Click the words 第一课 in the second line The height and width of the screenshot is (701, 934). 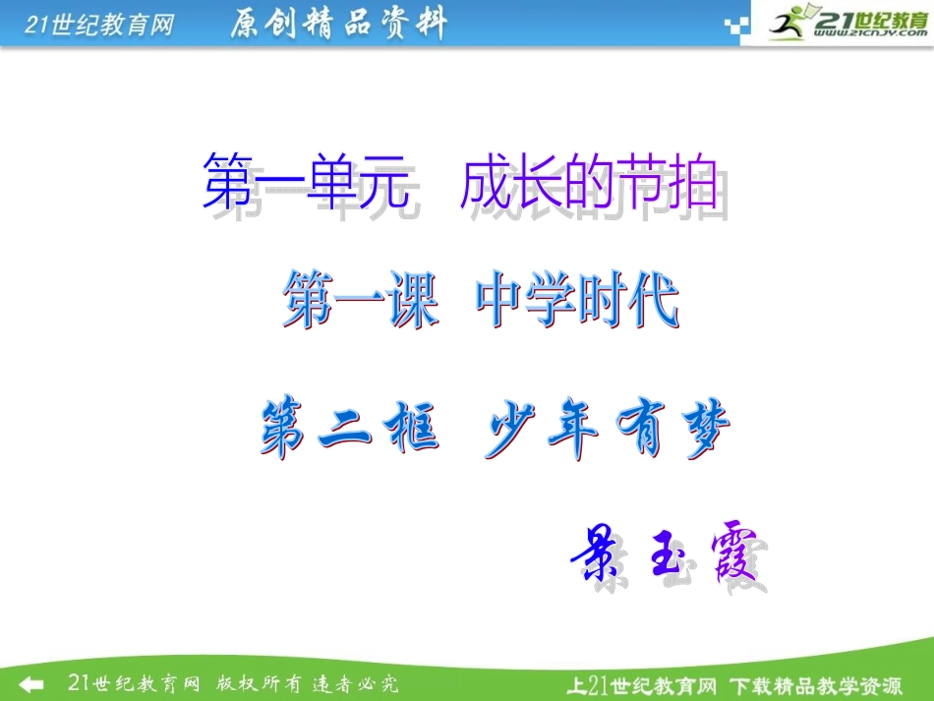coord(360,301)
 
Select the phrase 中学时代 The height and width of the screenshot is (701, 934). coord(577,301)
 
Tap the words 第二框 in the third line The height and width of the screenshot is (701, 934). coord(348,432)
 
